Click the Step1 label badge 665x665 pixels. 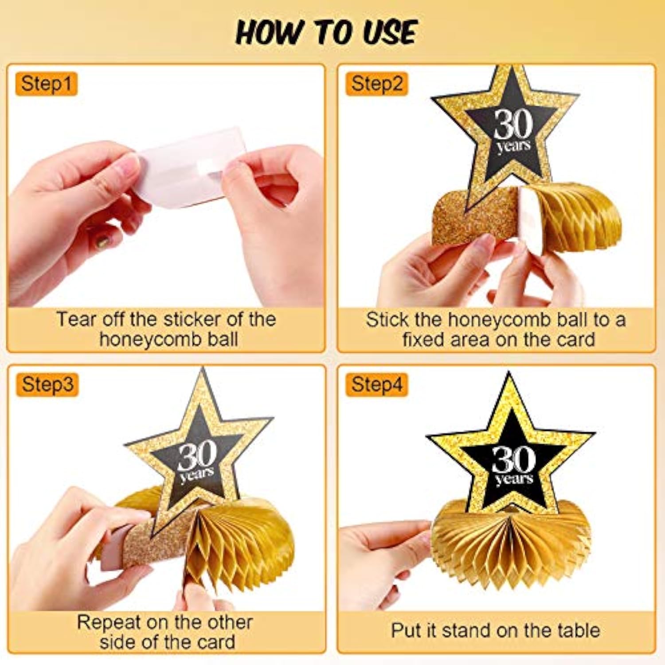pyautogui.click(x=46, y=84)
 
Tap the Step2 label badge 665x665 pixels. pyautogui.click(x=376, y=84)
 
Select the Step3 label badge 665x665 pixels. pyautogui.click(x=47, y=384)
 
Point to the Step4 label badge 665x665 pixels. pyautogui.click(x=376, y=384)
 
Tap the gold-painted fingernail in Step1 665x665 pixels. pyautogui.click(x=103, y=242)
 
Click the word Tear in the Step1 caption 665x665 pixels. pyautogui.click(x=75, y=319)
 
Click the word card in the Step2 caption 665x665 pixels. pyautogui.click(x=575, y=340)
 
